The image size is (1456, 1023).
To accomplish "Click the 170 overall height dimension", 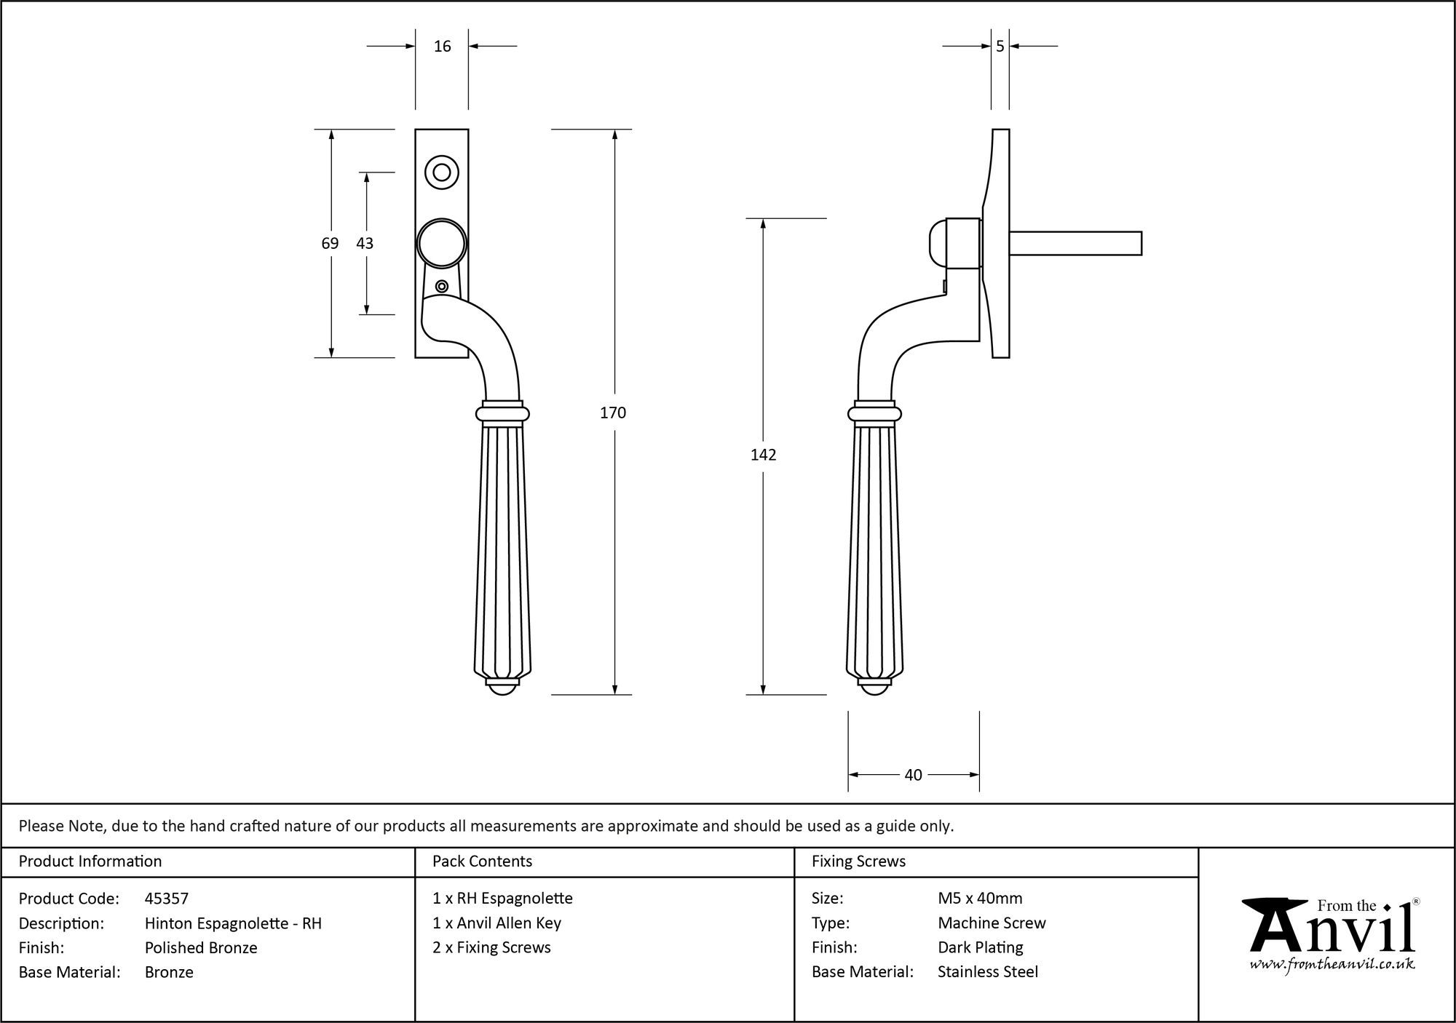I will [x=612, y=413].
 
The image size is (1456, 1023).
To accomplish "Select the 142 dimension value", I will [x=763, y=455].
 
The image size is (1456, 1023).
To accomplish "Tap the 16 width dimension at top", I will [x=442, y=47].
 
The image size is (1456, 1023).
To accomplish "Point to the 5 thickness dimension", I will [x=1000, y=47].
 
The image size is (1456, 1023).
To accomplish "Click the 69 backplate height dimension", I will [x=330, y=243].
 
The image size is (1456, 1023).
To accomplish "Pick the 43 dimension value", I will [x=365, y=243].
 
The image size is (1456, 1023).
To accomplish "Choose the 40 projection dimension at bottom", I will [x=913, y=775].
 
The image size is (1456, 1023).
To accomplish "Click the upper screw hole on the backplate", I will [x=441, y=172].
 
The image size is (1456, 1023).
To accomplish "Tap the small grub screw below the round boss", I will [x=441, y=286].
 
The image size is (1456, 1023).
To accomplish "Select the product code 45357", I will [x=166, y=899].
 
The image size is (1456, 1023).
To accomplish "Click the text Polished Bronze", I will [x=201, y=947].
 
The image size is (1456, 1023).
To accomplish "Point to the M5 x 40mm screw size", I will [x=980, y=899].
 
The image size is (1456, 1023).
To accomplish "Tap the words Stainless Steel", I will [x=988, y=971].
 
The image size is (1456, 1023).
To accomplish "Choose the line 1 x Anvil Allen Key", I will [x=496, y=923].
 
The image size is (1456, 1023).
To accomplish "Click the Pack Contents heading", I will [x=482, y=861].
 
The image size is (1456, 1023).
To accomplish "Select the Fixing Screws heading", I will [x=858, y=861].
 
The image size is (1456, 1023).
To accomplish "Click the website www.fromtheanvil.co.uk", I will [x=1332, y=964].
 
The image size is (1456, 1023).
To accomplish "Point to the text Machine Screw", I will [x=992, y=923].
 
